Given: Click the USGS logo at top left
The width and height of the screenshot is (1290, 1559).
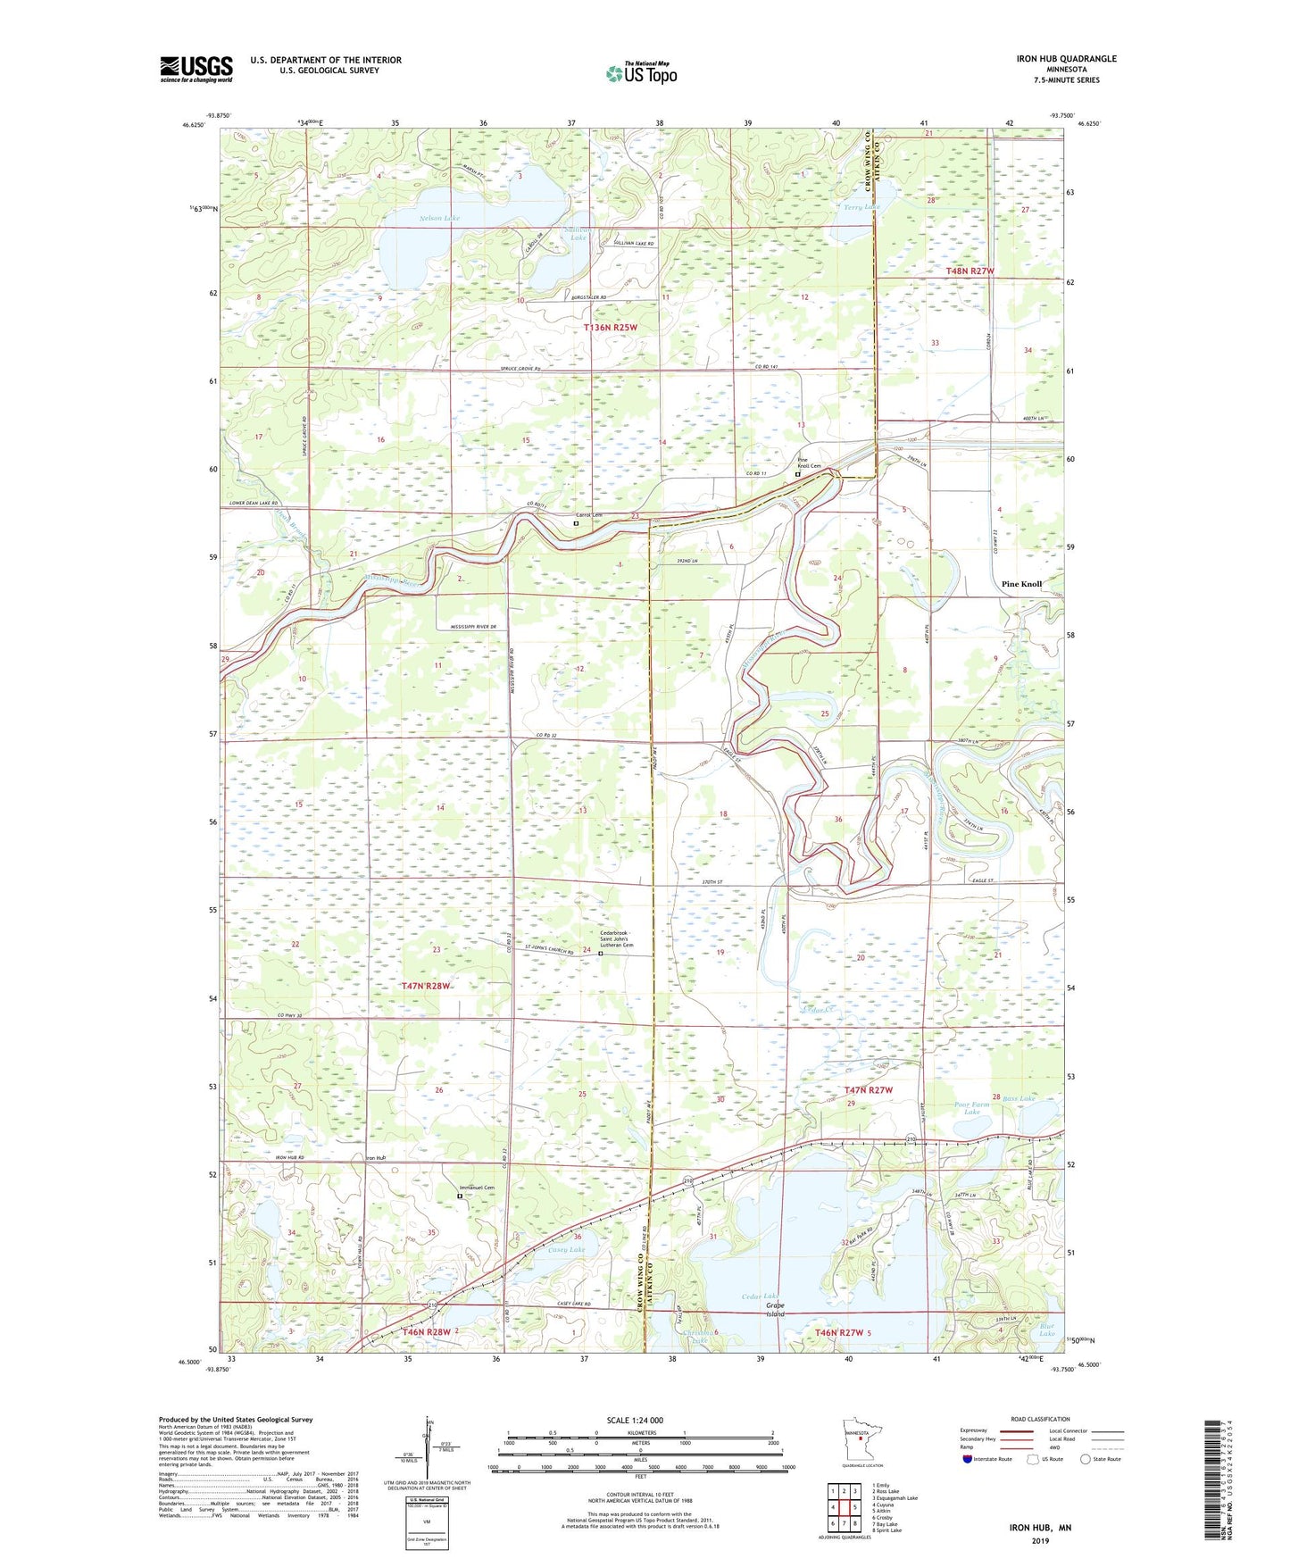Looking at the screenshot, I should coord(196,69).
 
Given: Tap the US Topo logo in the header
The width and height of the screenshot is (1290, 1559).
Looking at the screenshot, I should coord(641,73).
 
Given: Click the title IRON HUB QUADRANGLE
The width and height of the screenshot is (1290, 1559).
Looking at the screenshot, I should coord(1066,59).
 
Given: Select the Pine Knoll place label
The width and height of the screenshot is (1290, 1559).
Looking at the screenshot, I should coord(1021,584).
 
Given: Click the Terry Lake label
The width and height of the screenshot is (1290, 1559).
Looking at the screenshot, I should coord(861,207).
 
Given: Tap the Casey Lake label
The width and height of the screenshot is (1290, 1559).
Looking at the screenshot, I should coord(566,1250).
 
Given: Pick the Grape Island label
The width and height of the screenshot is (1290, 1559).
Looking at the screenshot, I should coord(774,1310).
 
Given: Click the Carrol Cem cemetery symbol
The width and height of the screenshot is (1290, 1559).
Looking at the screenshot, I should coord(576,524).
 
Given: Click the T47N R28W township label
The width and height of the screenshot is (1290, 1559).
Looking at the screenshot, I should coord(426,986).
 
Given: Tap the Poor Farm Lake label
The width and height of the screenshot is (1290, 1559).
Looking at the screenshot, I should coord(971,1108).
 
